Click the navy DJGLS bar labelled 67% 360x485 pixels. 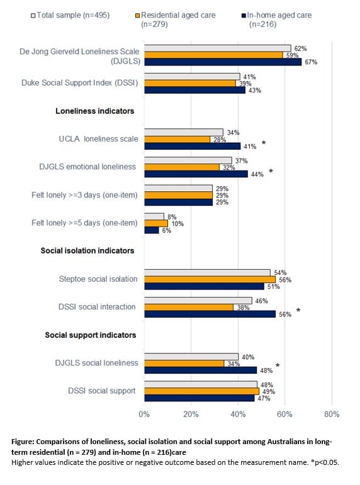pyautogui.click(x=223, y=62)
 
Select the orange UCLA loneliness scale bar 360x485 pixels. pyautogui.click(x=177, y=139)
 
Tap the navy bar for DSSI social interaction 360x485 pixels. pyautogui.click(x=210, y=314)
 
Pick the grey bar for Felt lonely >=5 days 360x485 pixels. pyautogui.click(x=154, y=216)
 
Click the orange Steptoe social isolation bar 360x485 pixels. pyautogui.click(x=210, y=279)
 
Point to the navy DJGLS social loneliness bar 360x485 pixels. pyautogui.click(x=201, y=370)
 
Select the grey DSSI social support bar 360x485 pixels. pyautogui.click(x=201, y=384)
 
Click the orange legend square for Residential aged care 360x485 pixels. pyautogui.click(x=138, y=16)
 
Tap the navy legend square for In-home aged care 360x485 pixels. pyautogui.click(x=244, y=16)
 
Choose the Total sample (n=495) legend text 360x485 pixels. pyautogui.click(x=73, y=15)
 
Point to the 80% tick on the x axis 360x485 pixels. pyautogui.click(x=332, y=414)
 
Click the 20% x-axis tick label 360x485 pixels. pyautogui.click(x=191, y=414)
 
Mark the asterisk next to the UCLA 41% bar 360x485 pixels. pyautogui.click(x=264, y=143)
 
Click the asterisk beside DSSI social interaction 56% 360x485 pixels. pyautogui.click(x=298, y=310)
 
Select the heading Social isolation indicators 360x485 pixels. pyautogui.click(x=87, y=250)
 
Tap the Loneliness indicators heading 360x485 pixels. pyautogui.click(x=95, y=111)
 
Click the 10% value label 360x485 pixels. pyautogui.click(x=177, y=224)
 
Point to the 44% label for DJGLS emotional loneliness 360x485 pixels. pyautogui.click(x=257, y=174)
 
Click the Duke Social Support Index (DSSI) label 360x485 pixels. pyautogui.click(x=79, y=83)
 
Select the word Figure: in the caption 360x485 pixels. pyautogui.click(x=23, y=442)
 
